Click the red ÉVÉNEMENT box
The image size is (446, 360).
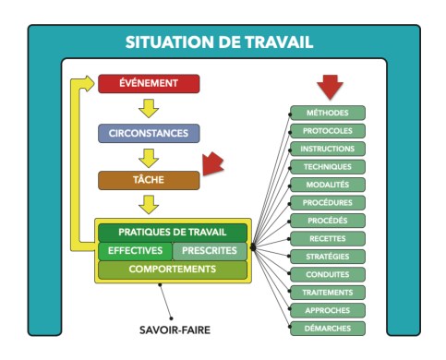click(148, 84)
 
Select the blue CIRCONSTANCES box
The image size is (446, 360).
click(148, 132)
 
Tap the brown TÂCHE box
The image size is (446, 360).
click(148, 179)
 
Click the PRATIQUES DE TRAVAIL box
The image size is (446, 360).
click(173, 233)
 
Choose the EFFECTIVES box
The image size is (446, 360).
click(135, 251)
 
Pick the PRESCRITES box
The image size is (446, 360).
click(210, 251)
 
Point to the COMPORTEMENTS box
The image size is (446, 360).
click(173, 270)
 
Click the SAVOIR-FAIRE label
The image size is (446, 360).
click(173, 326)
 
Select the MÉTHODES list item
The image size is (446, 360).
click(328, 113)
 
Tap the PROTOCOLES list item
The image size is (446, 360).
click(328, 130)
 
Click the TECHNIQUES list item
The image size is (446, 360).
click(328, 166)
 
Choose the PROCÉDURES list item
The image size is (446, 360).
click(328, 202)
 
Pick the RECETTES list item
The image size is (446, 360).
click(328, 238)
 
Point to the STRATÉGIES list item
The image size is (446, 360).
click(328, 256)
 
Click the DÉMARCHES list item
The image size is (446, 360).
click(328, 328)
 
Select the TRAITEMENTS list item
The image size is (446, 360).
click(328, 292)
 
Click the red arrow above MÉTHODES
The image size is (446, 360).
click(329, 87)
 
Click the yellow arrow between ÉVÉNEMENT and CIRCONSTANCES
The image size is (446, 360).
click(148, 108)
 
